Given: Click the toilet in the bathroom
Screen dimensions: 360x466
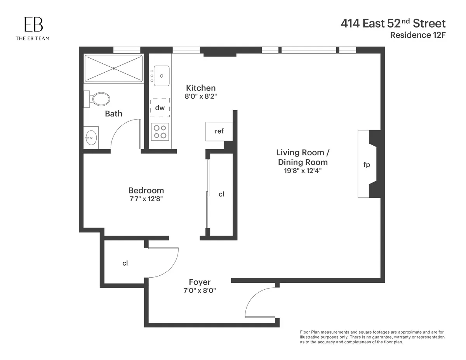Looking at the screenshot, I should click(99, 99).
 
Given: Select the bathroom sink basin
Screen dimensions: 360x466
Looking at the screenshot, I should click(91, 137).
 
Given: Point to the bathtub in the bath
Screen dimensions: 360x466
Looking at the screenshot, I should click(113, 68).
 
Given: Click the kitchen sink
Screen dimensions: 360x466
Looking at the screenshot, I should click(162, 75).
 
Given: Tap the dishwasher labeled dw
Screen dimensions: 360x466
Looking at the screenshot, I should click(160, 108).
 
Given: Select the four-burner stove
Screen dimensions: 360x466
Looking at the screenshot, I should click(160, 131).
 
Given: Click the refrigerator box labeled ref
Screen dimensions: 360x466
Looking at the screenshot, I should click(219, 131).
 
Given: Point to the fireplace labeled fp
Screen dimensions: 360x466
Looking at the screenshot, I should click(366, 165).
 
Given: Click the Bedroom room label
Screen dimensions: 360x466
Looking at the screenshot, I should click(146, 190).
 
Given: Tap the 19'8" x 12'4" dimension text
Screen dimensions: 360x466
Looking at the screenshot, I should click(302, 170).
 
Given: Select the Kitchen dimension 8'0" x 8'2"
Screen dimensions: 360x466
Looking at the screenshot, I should click(200, 96).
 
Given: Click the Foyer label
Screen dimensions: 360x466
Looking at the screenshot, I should click(200, 282).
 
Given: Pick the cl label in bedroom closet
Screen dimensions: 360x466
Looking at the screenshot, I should click(221, 194).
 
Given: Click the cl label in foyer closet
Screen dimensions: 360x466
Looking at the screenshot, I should click(125, 263).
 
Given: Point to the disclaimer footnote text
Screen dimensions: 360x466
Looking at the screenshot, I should click(372, 337).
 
